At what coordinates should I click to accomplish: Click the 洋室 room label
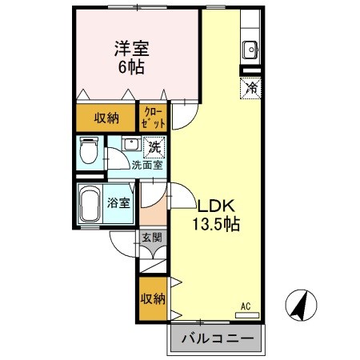(133, 50)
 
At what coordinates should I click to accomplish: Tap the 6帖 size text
(133, 67)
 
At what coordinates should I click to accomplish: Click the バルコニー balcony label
(215, 338)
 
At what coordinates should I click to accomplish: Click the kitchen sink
(250, 48)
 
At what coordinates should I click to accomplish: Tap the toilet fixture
(89, 150)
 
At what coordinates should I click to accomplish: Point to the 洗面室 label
(146, 166)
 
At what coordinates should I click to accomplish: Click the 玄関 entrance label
(152, 237)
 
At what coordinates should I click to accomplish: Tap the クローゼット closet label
(154, 118)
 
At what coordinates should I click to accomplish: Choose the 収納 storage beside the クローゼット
(106, 118)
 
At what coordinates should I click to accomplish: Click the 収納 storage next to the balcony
(152, 299)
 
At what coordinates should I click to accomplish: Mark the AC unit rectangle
(247, 315)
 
